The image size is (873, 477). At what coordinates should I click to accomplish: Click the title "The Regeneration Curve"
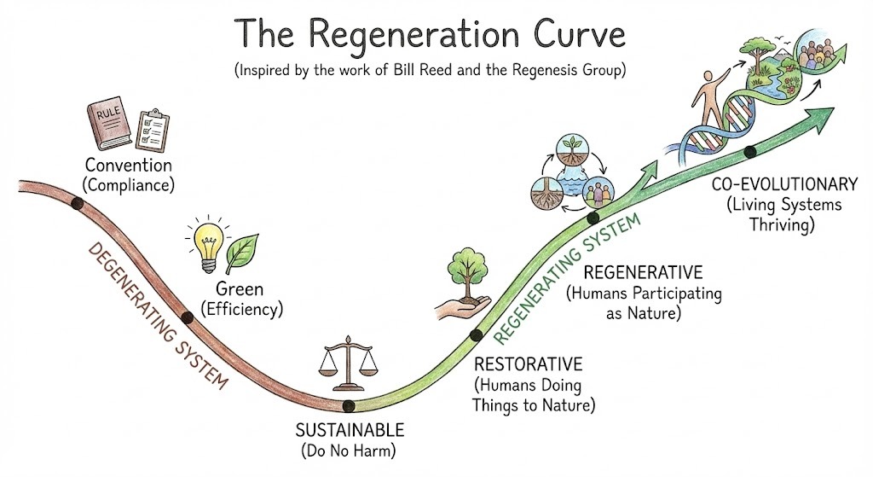click(430, 35)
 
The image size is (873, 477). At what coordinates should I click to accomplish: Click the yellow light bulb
click(207, 241)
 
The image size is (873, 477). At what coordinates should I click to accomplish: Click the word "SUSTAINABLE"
click(349, 429)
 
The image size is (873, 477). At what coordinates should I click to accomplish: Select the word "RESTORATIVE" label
click(527, 364)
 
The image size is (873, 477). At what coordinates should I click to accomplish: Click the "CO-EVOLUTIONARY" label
click(783, 183)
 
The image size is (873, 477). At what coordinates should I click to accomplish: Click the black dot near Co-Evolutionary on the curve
click(750, 152)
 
